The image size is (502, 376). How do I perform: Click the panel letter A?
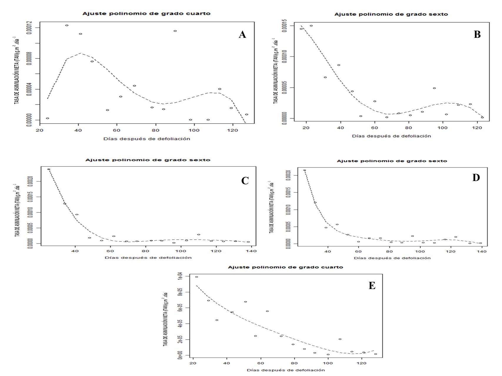click(242, 35)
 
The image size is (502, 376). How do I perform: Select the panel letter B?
click(477, 35)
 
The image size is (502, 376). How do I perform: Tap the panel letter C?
click(245, 180)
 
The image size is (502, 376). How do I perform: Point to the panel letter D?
click(476, 177)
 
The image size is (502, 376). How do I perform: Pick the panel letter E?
click(372, 286)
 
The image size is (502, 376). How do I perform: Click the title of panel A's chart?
click(146, 14)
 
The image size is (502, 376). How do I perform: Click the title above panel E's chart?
click(286, 267)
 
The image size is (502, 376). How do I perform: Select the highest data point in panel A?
click(67, 26)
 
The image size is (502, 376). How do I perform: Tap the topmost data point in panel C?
click(49, 169)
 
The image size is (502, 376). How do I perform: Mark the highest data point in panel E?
click(196, 277)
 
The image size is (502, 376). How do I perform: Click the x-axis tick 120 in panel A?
click(233, 130)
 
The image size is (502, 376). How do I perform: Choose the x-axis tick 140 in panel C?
click(252, 251)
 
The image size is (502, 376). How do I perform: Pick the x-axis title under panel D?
click(392, 258)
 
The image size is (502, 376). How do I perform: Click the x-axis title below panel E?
click(286, 370)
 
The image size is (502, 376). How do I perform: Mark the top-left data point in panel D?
click(304, 170)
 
